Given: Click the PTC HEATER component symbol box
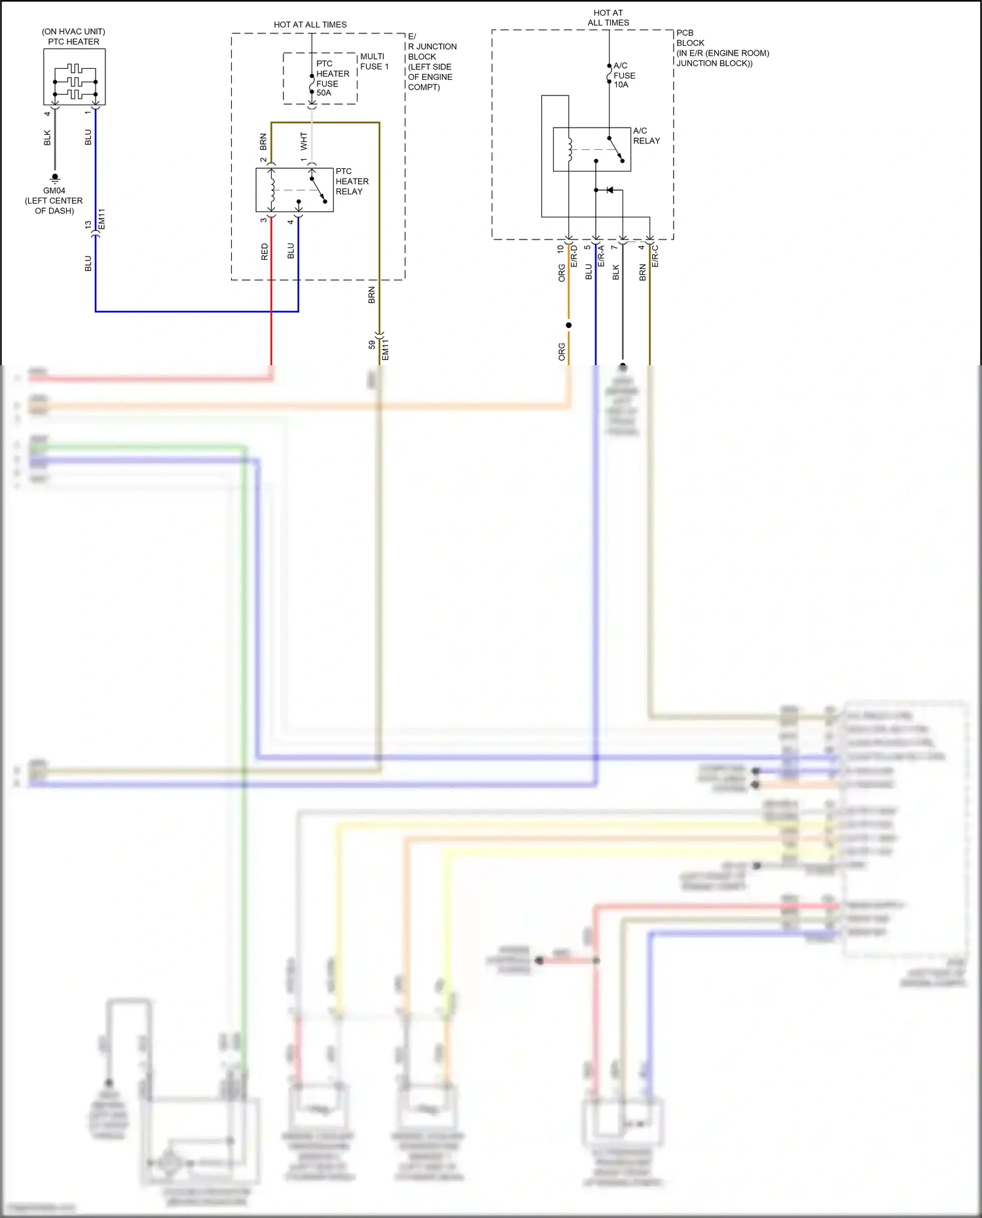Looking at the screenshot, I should coord(74,77).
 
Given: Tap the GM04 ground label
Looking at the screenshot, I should coord(54,190).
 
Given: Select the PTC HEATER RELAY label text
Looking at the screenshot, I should coord(352,181).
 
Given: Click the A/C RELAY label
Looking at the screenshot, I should coord(646,135).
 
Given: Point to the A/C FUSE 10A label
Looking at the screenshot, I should coord(624,75).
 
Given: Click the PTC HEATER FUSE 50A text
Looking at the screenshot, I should coord(332,79).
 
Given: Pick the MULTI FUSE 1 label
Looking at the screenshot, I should coord(374,62).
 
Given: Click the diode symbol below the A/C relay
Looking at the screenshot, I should coord(609,190).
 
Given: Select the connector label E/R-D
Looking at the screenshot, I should coord(574,256).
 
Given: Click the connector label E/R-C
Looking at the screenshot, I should coord(655,256).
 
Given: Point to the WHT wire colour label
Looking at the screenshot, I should coord(304,141).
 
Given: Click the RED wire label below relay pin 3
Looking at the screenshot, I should coord(264,252).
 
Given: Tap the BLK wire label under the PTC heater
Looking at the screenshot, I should coord(47,137).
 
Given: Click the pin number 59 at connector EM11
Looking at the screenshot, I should coord(372,344).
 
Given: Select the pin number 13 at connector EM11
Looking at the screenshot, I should coord(88,224).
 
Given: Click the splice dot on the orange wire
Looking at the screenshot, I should coord(568,325).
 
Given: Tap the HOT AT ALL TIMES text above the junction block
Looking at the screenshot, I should coord(310,24).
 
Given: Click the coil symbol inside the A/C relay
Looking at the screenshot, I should coord(570,150).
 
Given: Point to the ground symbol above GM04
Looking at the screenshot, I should coord(55,178).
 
